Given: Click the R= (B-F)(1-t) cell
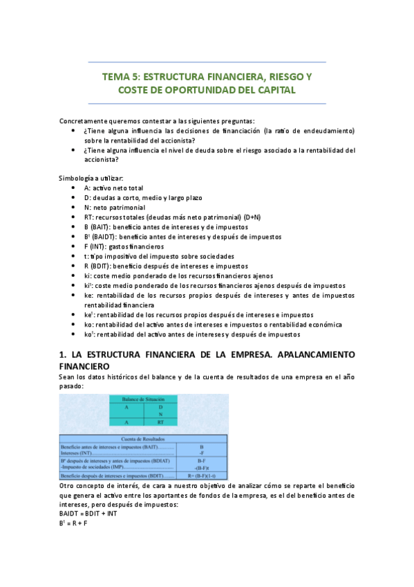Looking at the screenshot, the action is tap(201, 477).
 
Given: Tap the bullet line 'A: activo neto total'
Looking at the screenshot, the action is tap(113, 188).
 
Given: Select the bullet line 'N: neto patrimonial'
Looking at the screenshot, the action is tap(115, 208).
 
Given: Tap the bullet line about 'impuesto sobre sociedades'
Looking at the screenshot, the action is tap(159, 256).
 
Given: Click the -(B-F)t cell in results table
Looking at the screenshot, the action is tap(201, 468).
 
